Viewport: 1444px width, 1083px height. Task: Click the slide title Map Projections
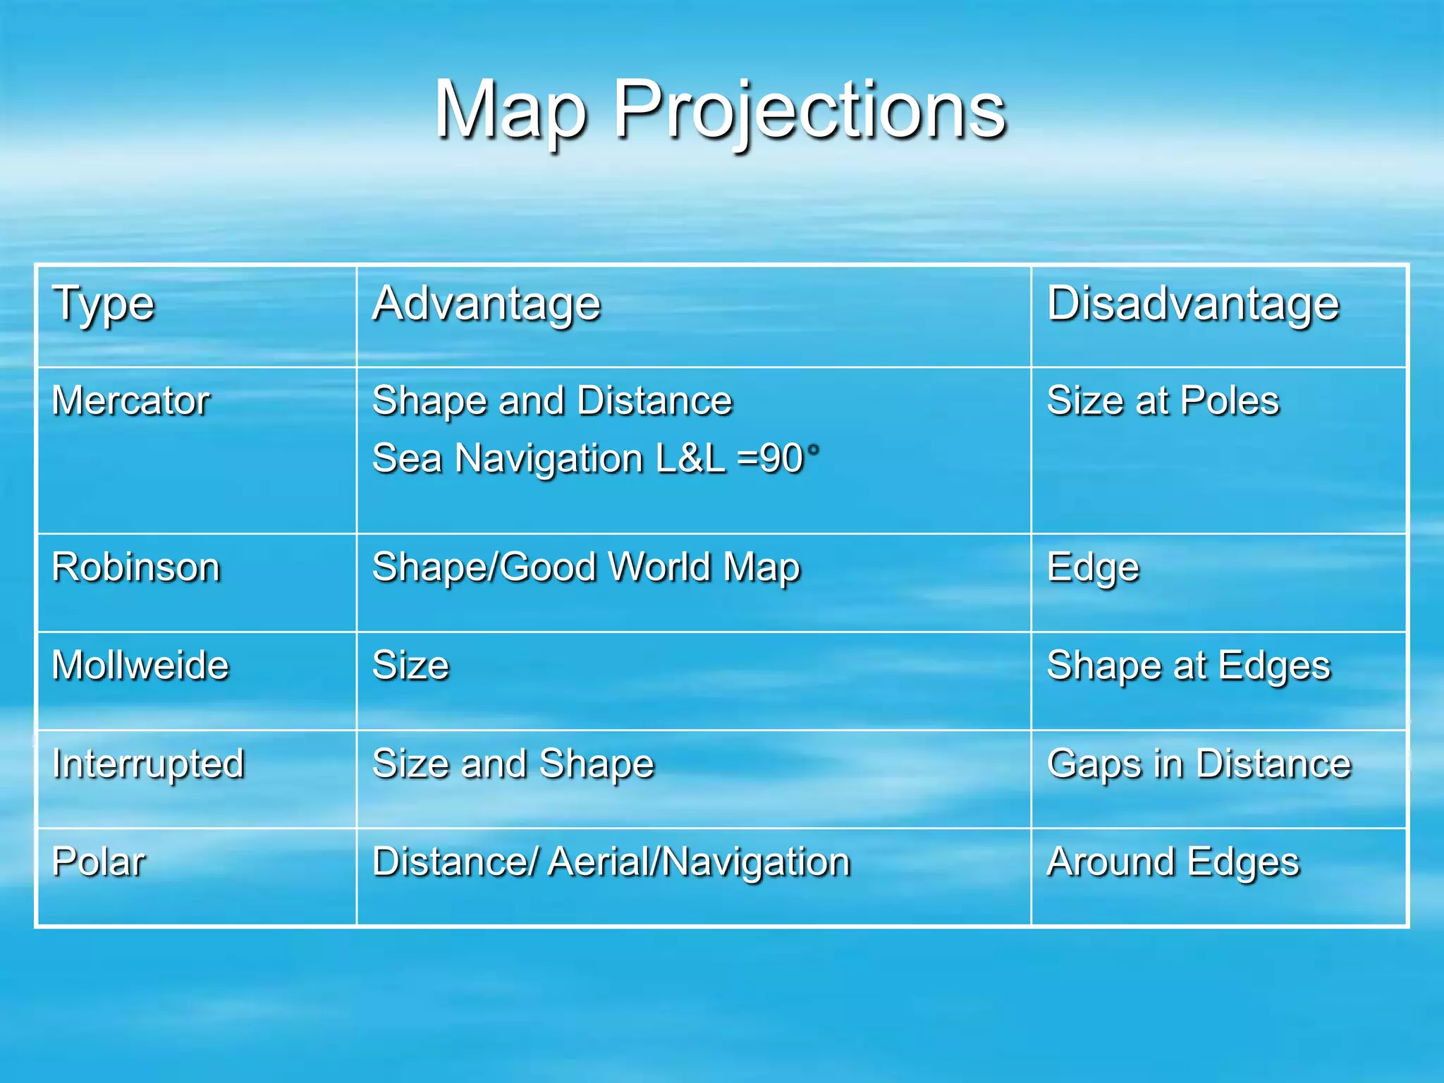721,110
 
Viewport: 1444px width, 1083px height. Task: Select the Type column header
104,305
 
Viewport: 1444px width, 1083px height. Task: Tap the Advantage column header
487,305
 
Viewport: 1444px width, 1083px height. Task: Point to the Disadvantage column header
1193,305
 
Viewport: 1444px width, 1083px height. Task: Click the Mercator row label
131,401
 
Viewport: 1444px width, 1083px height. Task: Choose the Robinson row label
136,568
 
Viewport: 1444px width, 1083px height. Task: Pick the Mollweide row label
140,666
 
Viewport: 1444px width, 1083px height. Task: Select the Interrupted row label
148,764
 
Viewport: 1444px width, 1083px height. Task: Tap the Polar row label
99,862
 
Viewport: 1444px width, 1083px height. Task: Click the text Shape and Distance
552,401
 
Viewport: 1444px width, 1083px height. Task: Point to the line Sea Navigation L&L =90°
596,459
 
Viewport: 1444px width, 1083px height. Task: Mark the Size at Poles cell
1163,401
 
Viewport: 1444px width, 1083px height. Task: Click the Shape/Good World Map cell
586,568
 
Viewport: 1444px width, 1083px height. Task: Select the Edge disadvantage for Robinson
1093,568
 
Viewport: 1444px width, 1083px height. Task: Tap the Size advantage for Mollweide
410,666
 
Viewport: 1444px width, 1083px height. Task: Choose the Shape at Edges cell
1189,666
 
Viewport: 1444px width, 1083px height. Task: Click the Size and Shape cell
513,764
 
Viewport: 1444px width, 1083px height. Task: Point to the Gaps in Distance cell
1199,764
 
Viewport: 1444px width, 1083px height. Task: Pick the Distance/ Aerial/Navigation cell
611,862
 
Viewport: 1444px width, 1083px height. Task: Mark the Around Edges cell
1173,862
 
